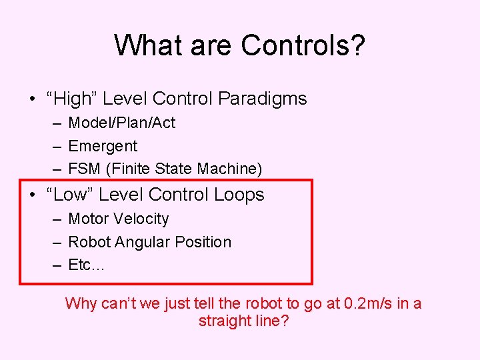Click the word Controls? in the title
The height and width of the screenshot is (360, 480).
[x=303, y=45]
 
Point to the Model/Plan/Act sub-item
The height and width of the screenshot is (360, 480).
[x=122, y=123]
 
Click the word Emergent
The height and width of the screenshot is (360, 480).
[x=103, y=146]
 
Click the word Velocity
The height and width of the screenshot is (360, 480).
[x=141, y=219]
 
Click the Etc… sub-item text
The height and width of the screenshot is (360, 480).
[x=87, y=265]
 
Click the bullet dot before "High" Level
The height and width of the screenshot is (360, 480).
[x=32, y=99]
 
